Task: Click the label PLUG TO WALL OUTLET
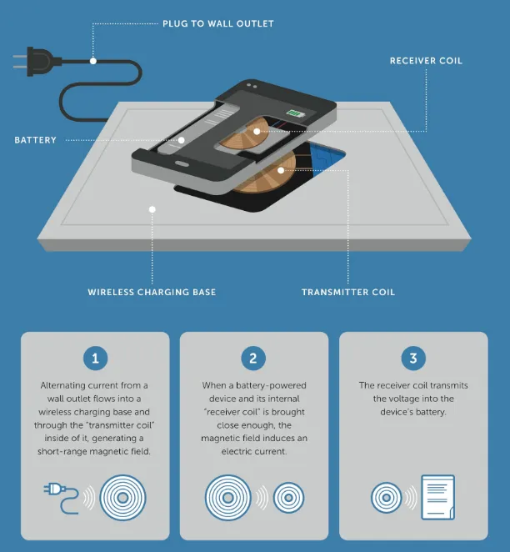(x=218, y=23)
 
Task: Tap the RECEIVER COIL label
(x=426, y=61)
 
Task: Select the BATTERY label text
(x=35, y=140)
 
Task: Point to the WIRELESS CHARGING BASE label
(x=152, y=292)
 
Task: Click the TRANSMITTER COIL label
(x=348, y=292)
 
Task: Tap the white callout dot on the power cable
(x=93, y=61)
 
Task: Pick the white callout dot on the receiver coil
(x=257, y=131)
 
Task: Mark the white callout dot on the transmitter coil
(x=281, y=171)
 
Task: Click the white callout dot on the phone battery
(x=181, y=140)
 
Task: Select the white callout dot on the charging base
(x=152, y=209)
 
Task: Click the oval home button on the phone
(x=182, y=163)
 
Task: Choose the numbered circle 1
(x=95, y=359)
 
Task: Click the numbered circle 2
(x=253, y=359)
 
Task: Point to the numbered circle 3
(x=413, y=359)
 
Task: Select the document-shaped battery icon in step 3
(x=437, y=498)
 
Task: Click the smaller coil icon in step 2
(x=289, y=498)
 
